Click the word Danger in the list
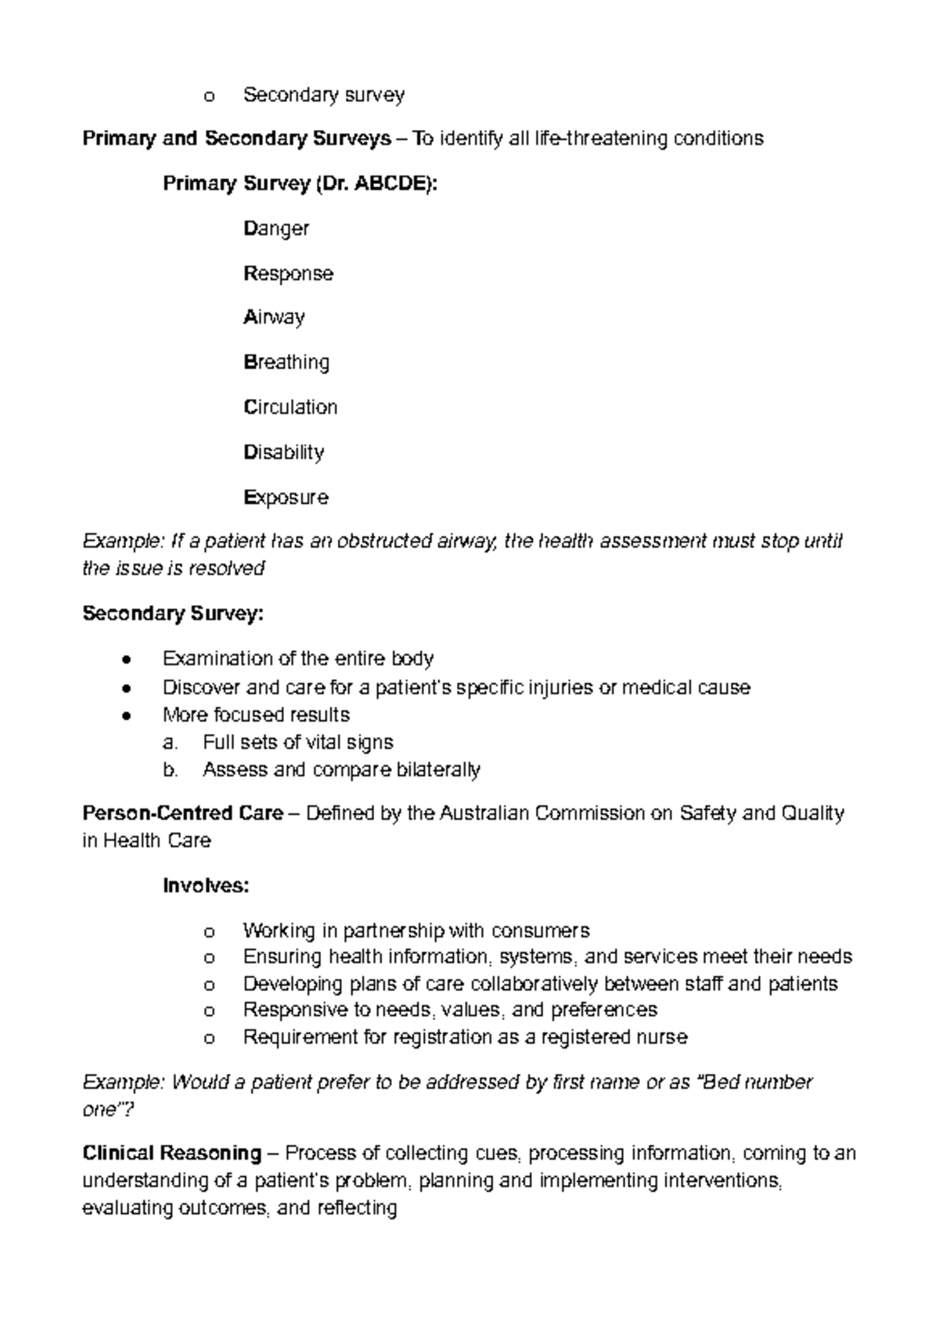tap(276, 229)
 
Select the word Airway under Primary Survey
tap(274, 318)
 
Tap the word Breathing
tap(286, 362)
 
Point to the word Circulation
tap(290, 407)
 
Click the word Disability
tap(283, 452)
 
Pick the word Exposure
tap(286, 498)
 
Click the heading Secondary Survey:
tap(173, 614)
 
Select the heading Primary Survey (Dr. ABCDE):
tap(300, 184)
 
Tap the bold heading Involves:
tap(206, 886)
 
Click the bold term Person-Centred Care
tap(182, 814)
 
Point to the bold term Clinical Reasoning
tap(171, 1154)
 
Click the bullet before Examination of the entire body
tap(127, 660)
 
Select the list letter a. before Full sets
tap(171, 742)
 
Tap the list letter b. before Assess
tap(171, 770)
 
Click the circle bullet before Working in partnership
tap(208, 932)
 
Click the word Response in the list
tap(288, 274)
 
